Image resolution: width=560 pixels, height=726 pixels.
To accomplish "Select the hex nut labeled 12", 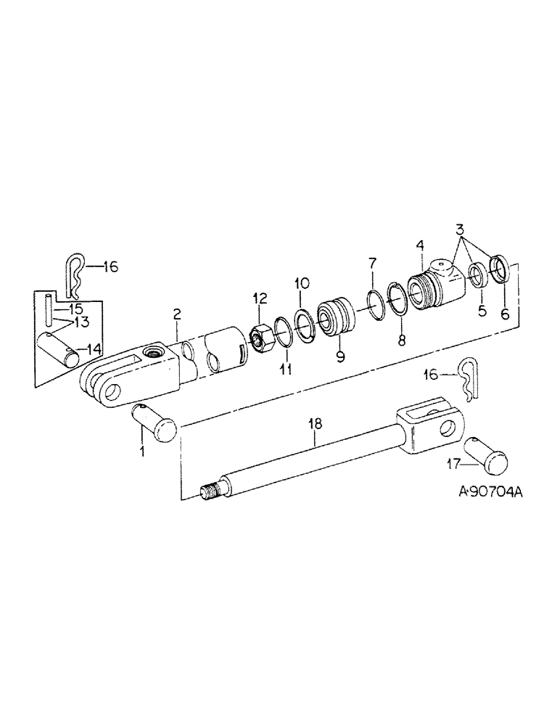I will click(260, 336).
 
